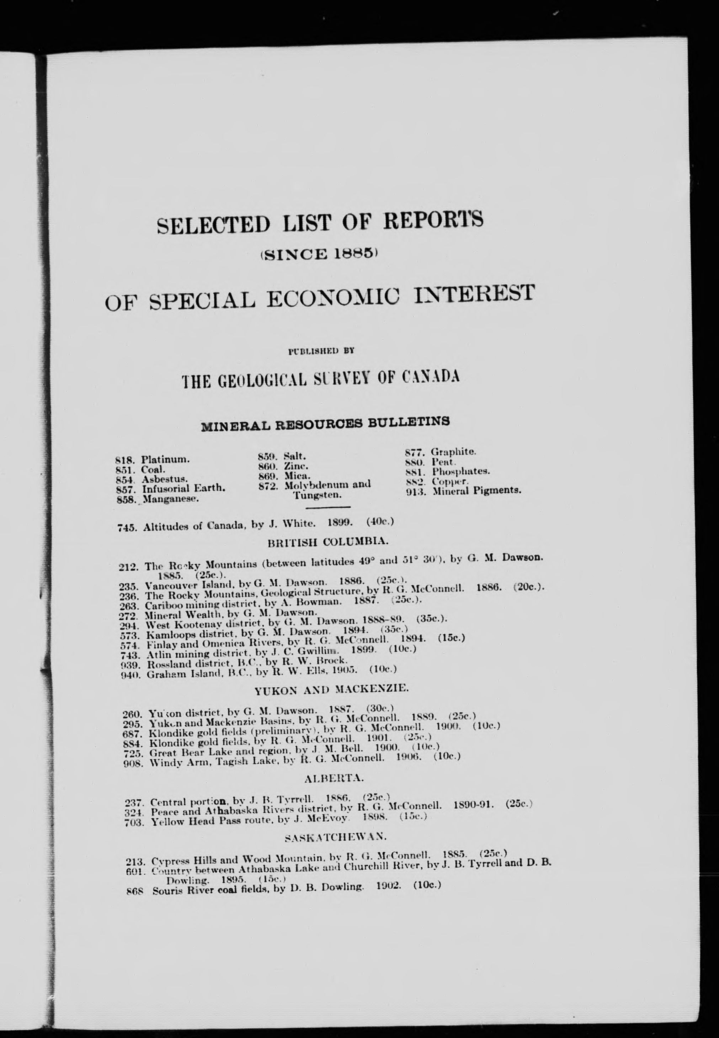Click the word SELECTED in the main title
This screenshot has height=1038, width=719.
click(213, 224)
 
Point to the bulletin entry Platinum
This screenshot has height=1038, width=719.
click(165, 460)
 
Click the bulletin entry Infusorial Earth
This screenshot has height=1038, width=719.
click(183, 488)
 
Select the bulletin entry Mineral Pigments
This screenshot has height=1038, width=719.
click(476, 491)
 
